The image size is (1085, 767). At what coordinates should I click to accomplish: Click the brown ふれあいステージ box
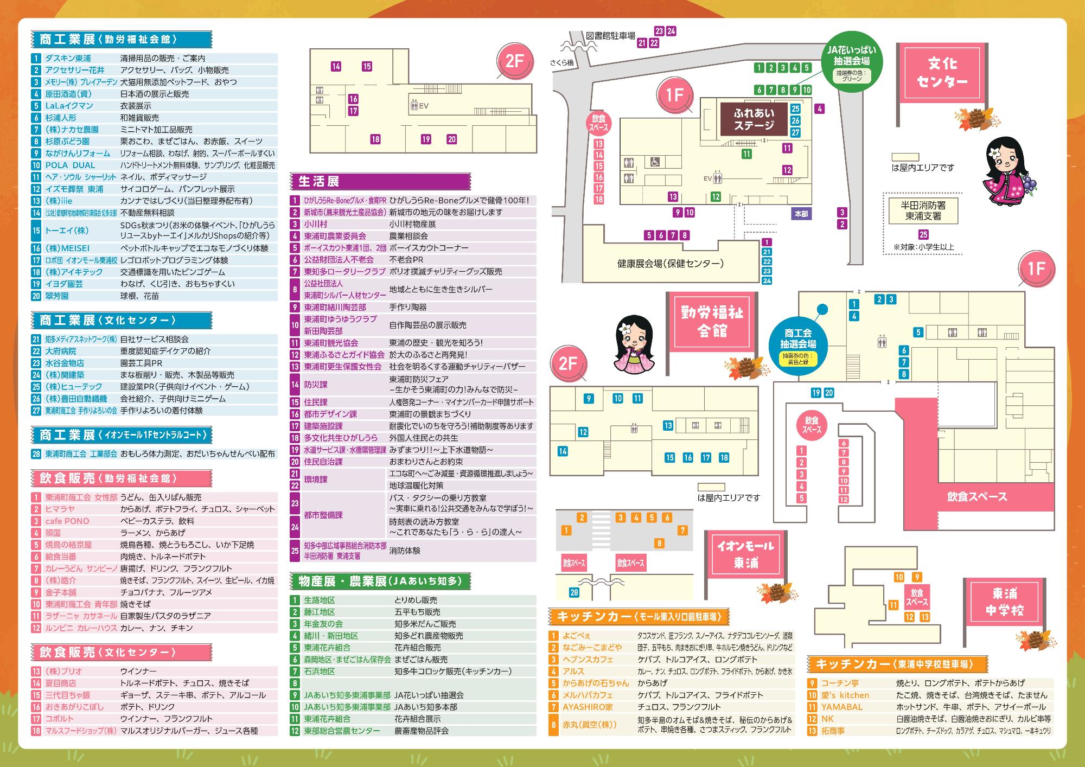coord(754,119)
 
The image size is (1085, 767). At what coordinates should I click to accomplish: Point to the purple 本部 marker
coord(801,214)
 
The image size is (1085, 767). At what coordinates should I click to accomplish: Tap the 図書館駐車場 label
coord(610,36)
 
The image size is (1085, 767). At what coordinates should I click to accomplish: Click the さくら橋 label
coord(562,63)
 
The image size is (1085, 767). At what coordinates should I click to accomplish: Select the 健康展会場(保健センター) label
coord(671,264)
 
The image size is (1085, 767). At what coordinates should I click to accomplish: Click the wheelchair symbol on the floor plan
coord(654,162)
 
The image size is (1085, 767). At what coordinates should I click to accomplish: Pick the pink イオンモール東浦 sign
coord(746,555)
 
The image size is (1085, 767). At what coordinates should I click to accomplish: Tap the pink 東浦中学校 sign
coord(1005,602)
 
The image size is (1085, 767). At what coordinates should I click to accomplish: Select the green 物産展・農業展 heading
coord(380,581)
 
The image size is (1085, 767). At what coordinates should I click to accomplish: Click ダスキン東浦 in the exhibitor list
coord(68,59)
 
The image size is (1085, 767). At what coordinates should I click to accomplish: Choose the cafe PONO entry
coord(67,521)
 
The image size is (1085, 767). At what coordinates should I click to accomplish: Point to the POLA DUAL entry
coord(70,165)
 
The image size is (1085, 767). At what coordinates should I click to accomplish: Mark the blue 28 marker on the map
coord(574,592)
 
